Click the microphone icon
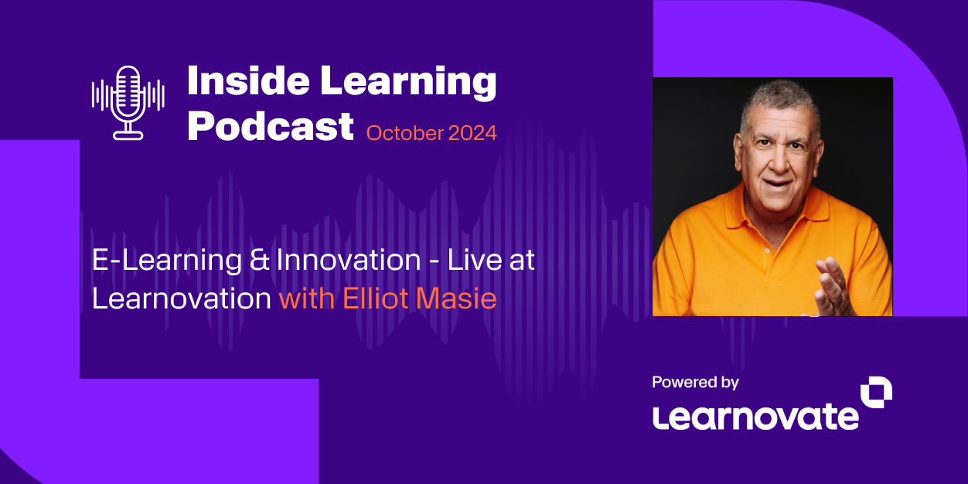pyautogui.click(x=128, y=102)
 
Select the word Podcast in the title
pyautogui.click(x=271, y=125)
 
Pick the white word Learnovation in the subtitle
pyautogui.click(x=182, y=298)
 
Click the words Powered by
pyautogui.click(x=695, y=382)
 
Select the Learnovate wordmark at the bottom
pyautogui.click(x=755, y=416)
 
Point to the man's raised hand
pyautogui.click(x=835, y=286)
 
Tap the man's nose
pyautogui.click(x=775, y=155)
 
